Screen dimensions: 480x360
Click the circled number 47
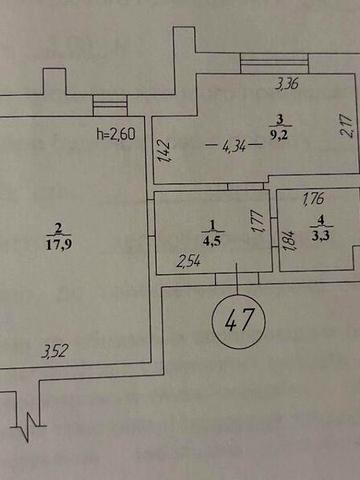click(238, 323)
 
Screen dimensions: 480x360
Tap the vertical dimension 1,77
click(256, 220)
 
